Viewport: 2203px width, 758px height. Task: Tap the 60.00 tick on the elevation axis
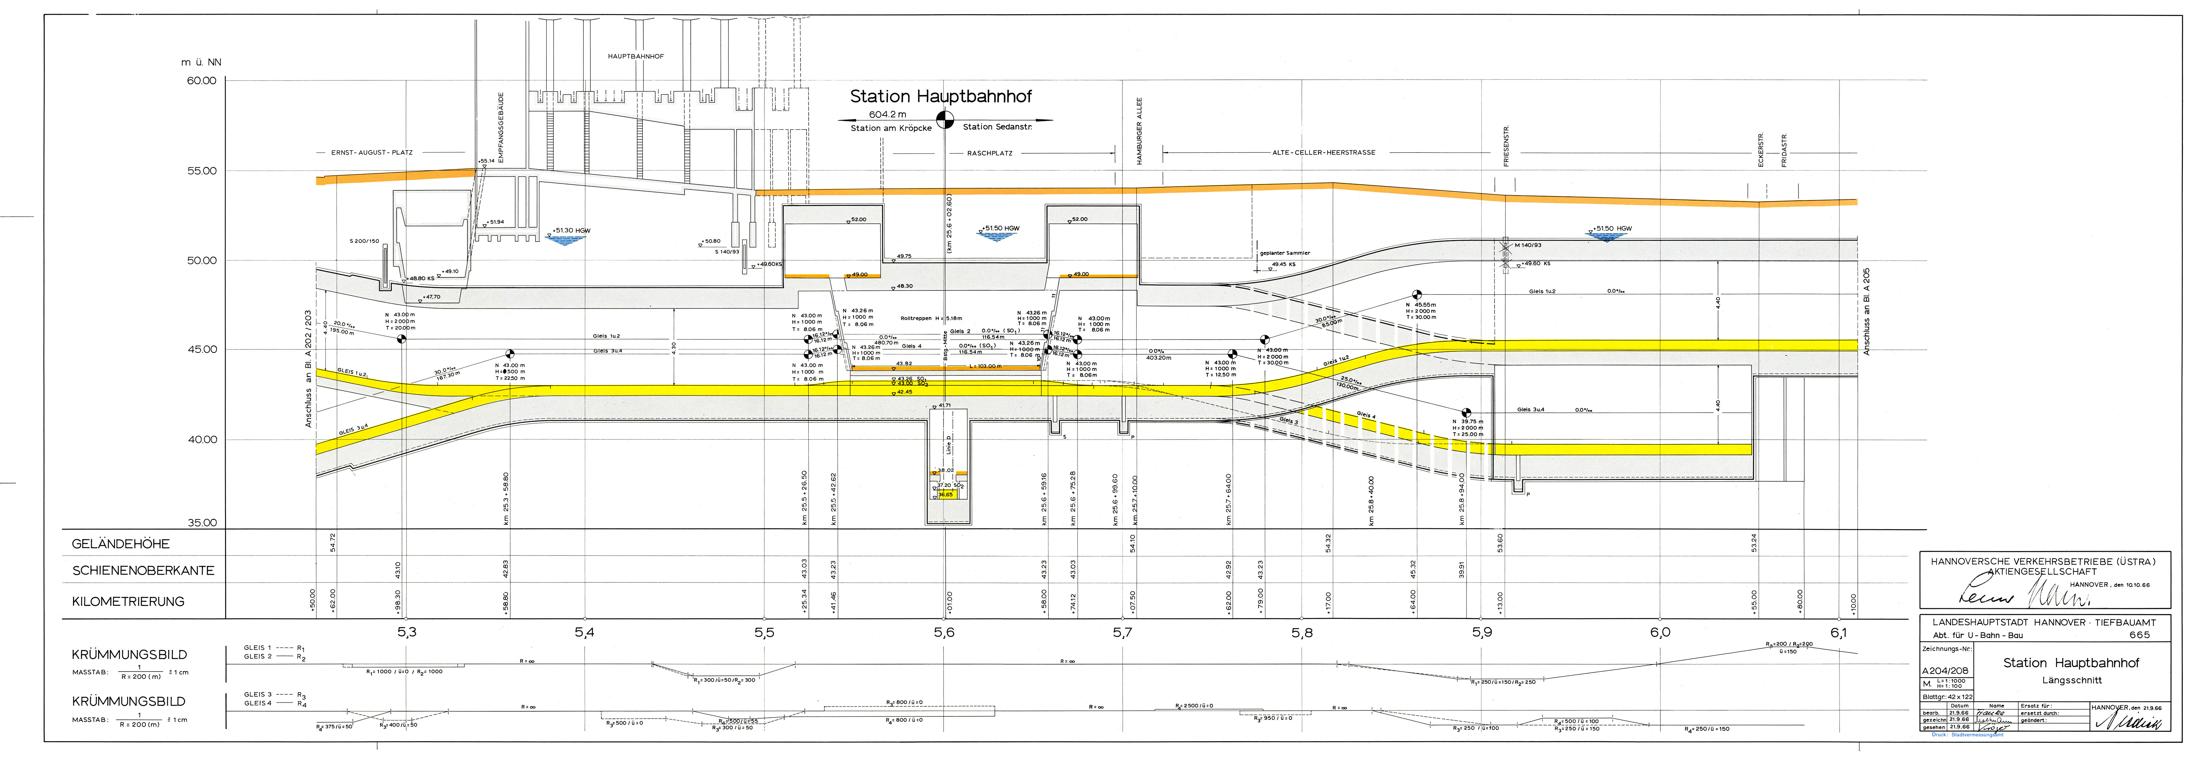(x=202, y=81)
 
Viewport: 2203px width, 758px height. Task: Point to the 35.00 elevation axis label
(x=202, y=523)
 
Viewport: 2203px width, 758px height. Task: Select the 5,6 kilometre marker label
(x=944, y=633)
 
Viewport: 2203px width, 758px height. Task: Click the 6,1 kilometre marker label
(x=1839, y=633)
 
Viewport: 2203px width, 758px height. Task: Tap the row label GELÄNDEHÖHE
(x=120, y=544)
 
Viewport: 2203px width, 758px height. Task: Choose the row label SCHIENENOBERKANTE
(x=143, y=571)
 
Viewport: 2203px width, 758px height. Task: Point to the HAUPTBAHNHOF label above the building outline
(x=635, y=57)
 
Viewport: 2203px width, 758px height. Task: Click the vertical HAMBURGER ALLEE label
(x=1139, y=131)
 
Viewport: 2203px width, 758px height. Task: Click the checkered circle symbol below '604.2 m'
(x=945, y=120)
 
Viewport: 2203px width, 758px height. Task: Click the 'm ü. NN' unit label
(x=201, y=62)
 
